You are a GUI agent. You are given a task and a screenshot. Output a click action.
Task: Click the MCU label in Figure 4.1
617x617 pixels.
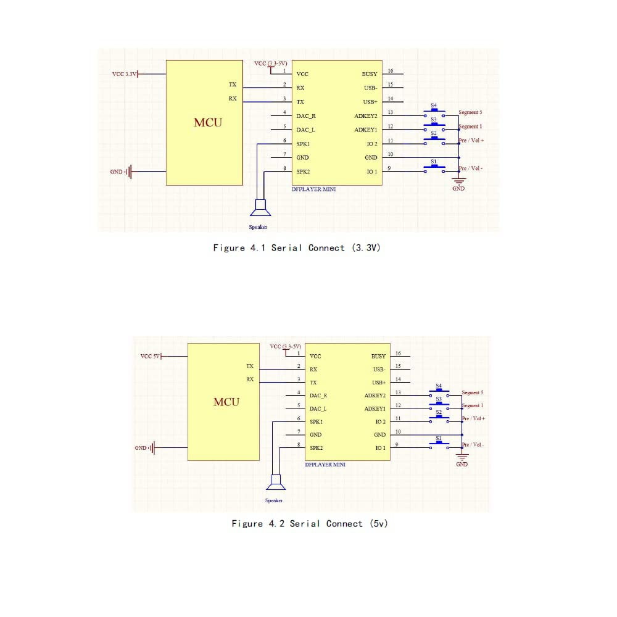(x=208, y=122)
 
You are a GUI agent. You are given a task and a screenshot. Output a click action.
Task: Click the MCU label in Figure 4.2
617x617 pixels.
(x=226, y=402)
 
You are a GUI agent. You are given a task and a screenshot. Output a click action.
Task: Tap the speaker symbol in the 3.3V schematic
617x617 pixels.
(x=260, y=208)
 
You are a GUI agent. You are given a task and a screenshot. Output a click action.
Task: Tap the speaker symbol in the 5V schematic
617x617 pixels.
(x=276, y=482)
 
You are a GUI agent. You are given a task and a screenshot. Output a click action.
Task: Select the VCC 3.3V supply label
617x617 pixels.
(x=125, y=74)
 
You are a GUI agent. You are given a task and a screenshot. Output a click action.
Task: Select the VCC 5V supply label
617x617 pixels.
(x=150, y=356)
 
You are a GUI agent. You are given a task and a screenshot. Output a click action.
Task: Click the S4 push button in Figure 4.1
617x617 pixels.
(x=434, y=112)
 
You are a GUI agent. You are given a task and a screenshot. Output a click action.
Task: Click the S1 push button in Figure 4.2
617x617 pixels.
(x=439, y=444)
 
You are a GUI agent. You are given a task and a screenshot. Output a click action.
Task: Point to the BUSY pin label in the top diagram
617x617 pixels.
(x=370, y=74)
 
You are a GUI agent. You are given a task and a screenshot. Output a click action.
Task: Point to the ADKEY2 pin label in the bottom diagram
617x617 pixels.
(x=375, y=395)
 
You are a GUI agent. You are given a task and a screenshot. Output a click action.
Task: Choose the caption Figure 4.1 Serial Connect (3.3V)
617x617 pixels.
(x=297, y=248)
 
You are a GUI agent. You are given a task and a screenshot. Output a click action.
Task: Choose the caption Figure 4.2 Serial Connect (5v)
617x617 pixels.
(x=310, y=524)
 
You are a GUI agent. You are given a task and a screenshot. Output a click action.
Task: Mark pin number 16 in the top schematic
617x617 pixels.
(x=391, y=71)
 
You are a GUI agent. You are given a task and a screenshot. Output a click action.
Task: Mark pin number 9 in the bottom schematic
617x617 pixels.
(x=397, y=445)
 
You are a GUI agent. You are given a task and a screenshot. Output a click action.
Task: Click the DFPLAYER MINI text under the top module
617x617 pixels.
(x=313, y=189)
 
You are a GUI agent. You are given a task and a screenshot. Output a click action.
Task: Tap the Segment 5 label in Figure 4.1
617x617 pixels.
(x=470, y=112)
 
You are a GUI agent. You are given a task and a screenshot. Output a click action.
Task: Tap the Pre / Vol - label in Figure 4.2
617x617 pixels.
(x=473, y=445)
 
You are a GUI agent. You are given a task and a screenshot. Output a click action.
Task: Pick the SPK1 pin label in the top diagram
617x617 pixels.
(x=303, y=144)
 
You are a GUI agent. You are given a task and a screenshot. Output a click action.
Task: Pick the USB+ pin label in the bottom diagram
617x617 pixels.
(x=379, y=383)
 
